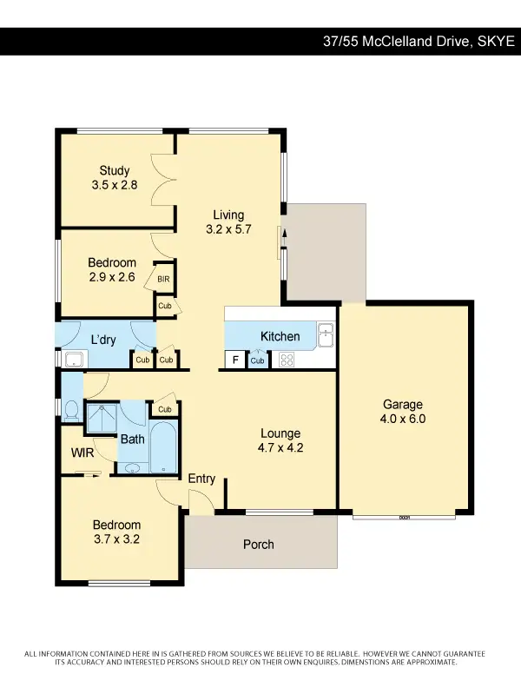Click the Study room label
[x=115, y=171]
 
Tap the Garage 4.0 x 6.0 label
[x=403, y=405]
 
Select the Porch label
[x=259, y=545]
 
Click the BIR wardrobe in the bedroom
[x=163, y=279]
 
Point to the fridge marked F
[x=234, y=360]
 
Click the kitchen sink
[x=325, y=334]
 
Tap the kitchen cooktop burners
[x=285, y=360]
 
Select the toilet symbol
[x=71, y=407]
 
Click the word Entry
[x=201, y=479]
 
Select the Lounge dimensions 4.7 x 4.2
[x=280, y=449]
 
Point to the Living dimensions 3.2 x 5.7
[x=229, y=230]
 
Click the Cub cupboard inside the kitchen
[x=258, y=360]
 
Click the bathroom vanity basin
[x=132, y=468]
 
